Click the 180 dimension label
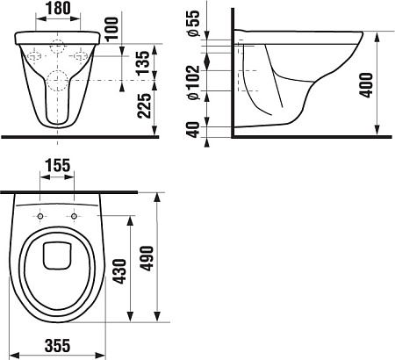58,8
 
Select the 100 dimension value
111,29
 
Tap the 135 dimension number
145,63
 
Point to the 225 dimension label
145,105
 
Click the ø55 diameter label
194,23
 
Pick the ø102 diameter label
194,83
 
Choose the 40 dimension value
194,130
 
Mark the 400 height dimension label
367,85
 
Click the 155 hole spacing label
58,165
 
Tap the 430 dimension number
120,271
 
